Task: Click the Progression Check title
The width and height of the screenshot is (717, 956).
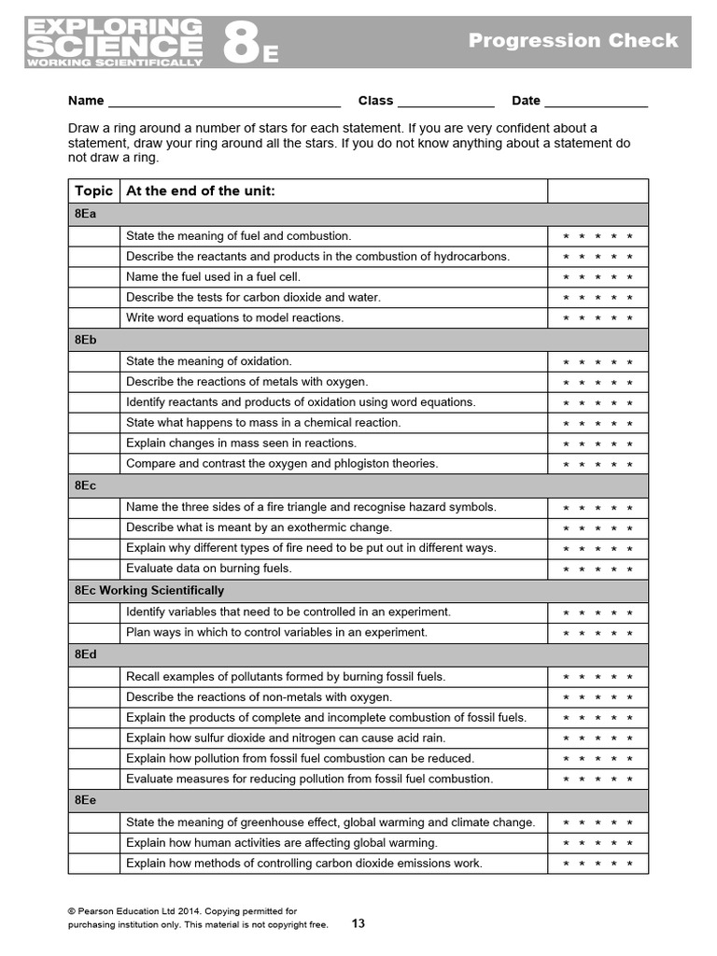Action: click(x=573, y=40)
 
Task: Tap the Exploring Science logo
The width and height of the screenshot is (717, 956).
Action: click(x=114, y=42)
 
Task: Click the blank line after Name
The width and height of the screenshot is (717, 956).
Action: click(x=224, y=101)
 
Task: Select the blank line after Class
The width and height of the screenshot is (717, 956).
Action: click(x=445, y=101)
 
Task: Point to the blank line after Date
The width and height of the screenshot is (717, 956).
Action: click(x=596, y=101)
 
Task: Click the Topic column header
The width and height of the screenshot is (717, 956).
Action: click(x=93, y=190)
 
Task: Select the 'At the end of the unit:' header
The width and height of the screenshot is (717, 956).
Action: click(x=200, y=190)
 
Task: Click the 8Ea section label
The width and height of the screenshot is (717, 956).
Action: click(x=85, y=214)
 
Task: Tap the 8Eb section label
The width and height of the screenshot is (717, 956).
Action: click(x=85, y=340)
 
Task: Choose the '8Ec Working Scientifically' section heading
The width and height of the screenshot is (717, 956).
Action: click(x=149, y=590)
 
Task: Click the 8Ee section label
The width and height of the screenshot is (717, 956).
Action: click(x=85, y=800)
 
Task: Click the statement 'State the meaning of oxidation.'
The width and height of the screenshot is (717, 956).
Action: click(x=209, y=361)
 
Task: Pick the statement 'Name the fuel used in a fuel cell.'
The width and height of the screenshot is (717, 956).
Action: click(x=213, y=276)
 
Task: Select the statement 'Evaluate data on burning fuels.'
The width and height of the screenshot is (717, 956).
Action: click(x=209, y=568)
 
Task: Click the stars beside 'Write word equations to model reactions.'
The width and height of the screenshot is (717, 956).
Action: click(x=597, y=318)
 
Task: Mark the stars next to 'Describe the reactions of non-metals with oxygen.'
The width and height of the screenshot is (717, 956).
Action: click(x=597, y=697)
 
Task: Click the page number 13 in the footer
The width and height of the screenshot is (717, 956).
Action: click(x=358, y=923)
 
